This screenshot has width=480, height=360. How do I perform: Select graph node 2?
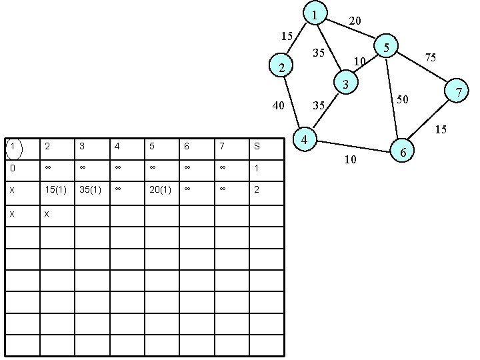click(x=283, y=67)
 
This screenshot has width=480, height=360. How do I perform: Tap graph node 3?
click(x=345, y=84)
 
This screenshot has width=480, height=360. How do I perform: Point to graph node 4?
click(x=304, y=140)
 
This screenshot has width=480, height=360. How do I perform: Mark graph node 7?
click(x=458, y=91)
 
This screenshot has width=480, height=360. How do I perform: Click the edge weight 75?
click(x=431, y=58)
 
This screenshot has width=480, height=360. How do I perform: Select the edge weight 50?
click(x=402, y=100)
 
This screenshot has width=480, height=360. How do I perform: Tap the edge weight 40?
click(x=278, y=105)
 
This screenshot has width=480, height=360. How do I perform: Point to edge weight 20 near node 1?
click(x=355, y=21)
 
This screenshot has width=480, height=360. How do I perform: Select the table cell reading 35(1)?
click(x=91, y=190)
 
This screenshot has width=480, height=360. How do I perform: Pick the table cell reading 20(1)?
click(x=161, y=190)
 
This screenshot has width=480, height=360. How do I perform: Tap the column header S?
click(x=257, y=146)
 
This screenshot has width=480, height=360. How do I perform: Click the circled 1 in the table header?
click(x=12, y=145)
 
